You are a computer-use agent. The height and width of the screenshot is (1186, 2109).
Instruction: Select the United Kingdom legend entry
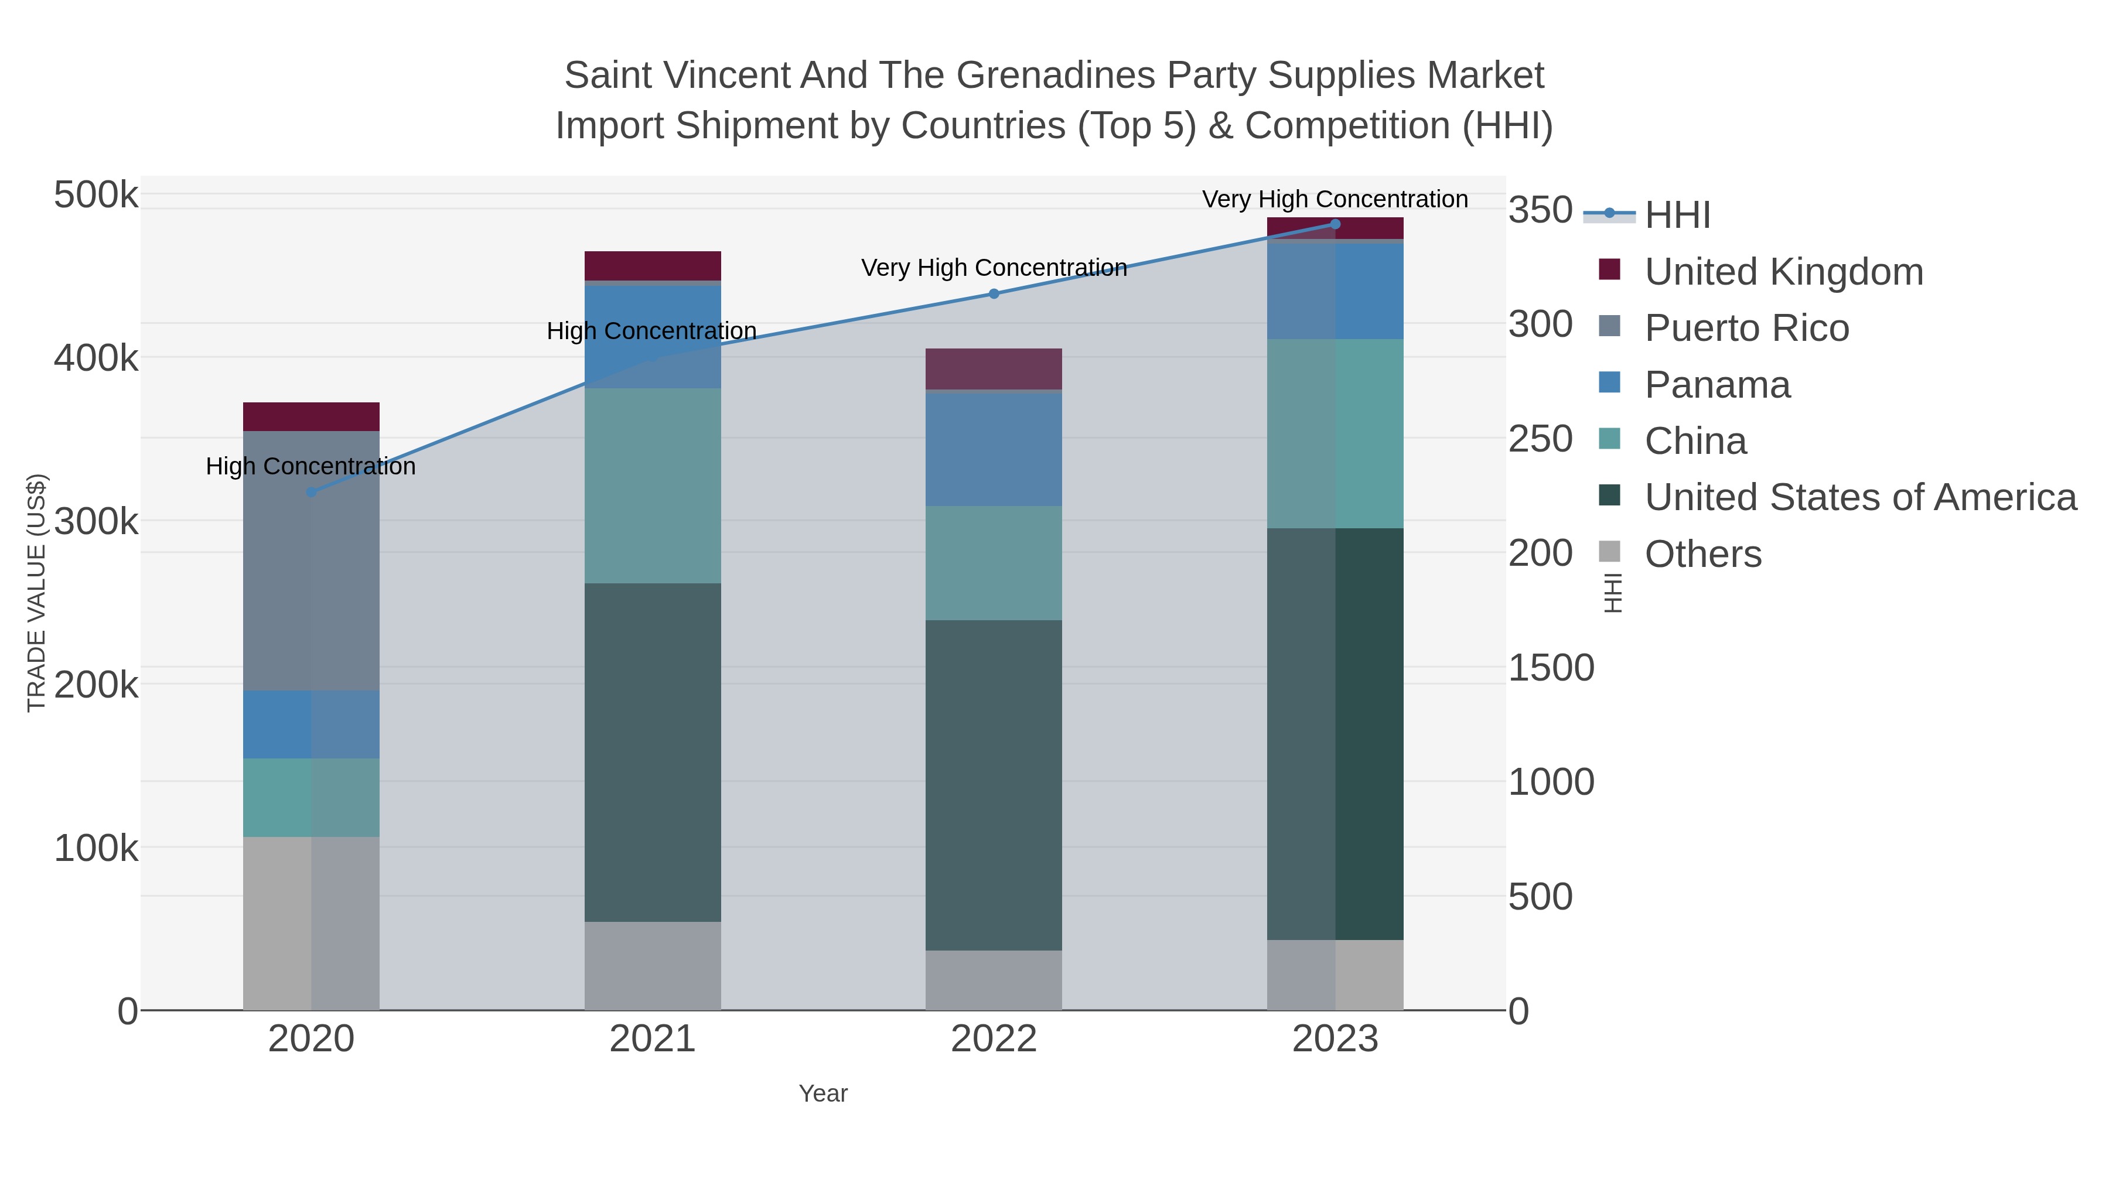(1783, 272)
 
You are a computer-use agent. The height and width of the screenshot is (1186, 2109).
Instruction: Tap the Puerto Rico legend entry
(1746, 328)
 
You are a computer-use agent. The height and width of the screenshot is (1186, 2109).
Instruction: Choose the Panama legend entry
(1717, 385)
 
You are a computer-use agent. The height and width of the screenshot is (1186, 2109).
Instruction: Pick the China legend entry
(1695, 441)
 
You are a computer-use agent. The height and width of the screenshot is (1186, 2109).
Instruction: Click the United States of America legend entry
(1860, 498)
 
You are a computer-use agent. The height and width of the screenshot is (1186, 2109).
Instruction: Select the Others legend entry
(1702, 554)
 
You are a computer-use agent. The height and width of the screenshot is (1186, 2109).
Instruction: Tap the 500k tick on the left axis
(96, 196)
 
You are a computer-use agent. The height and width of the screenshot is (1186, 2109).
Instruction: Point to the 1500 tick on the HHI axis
(1551, 668)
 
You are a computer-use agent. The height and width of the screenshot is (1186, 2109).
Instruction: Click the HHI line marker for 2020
(311, 492)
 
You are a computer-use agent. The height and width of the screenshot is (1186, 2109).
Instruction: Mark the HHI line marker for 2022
(994, 294)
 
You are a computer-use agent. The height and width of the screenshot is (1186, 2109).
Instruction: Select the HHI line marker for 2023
(1335, 224)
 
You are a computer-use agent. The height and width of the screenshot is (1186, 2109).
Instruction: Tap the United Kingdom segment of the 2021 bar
(653, 266)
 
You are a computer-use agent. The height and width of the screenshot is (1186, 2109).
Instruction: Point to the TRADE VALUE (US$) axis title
(37, 593)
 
